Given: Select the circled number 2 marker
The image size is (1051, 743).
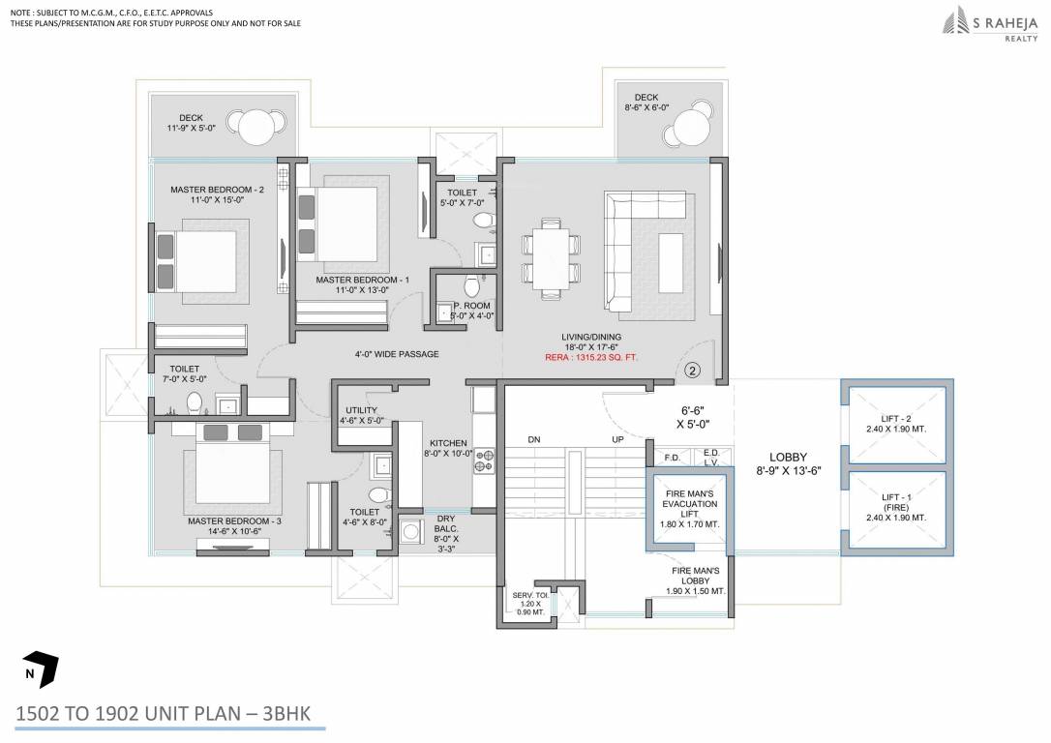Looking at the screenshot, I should coord(692,369).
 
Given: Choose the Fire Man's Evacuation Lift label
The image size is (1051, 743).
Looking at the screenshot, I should coord(690,509).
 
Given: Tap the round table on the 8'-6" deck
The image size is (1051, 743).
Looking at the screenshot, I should coord(691,127).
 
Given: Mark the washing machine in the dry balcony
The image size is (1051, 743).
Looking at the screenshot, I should coord(409,533).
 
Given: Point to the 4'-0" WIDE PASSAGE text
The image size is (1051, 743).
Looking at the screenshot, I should coord(397,353).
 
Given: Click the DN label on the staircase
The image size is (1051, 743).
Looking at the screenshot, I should coord(533,440).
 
